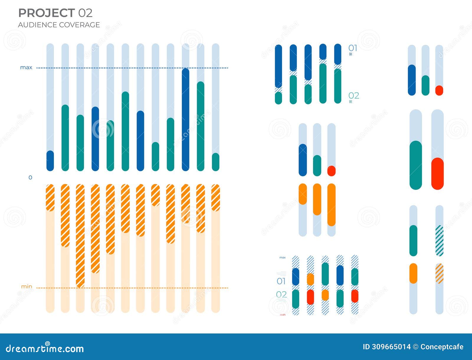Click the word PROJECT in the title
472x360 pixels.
pyautogui.click(x=46, y=13)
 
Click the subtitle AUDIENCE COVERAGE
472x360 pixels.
pyautogui.click(x=59, y=25)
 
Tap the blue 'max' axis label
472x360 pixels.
pyautogui.click(x=26, y=68)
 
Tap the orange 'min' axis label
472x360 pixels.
pyautogui.click(x=27, y=287)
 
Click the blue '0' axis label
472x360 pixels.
pyautogui.click(x=30, y=177)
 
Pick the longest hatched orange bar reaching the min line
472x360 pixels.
pyautogui.click(x=80, y=236)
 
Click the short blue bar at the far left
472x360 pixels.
pyautogui.click(x=50, y=161)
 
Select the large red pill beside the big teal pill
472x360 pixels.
pyautogui.click(x=437, y=174)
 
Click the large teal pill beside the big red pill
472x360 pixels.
pyautogui.click(x=416, y=165)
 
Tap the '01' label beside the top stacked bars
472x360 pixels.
pyautogui.click(x=353, y=48)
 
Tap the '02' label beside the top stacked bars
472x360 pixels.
pyautogui.click(x=353, y=96)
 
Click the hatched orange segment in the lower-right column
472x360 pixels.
pyautogui.click(x=439, y=273)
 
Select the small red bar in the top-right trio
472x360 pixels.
pyautogui.click(x=439, y=90)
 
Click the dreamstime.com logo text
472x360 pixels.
pyautogui.click(x=45, y=349)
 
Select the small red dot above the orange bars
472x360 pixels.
pyautogui.click(x=331, y=171)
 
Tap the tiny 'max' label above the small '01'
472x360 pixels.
pyautogui.click(x=282, y=257)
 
